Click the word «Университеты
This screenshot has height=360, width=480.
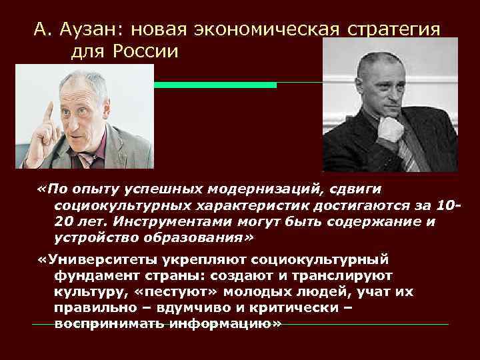pos(94,259)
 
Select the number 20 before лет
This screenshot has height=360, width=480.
pos(65,221)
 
